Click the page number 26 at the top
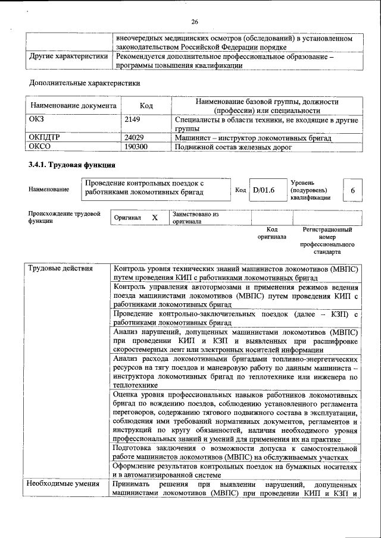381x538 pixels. (x=194, y=22)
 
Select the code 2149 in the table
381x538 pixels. (x=132, y=120)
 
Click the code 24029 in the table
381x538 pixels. (x=134, y=137)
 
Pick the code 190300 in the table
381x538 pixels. (x=136, y=146)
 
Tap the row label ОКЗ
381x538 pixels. (x=36, y=120)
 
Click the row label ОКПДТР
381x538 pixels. (x=45, y=137)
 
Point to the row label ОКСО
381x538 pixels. (x=40, y=146)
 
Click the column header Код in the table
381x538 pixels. (x=146, y=106)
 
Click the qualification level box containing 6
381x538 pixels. (x=353, y=190)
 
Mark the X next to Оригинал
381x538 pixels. (x=155, y=218)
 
